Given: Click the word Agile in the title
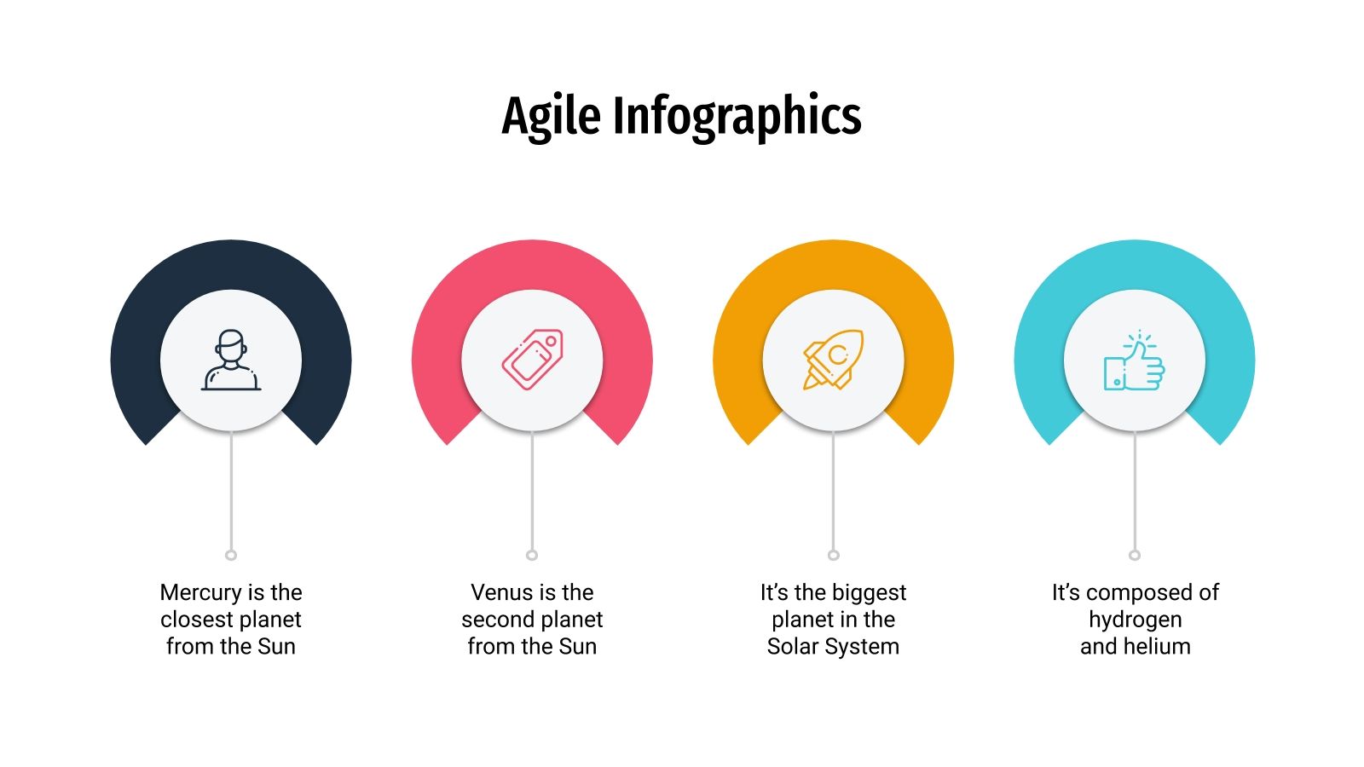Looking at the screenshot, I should click(x=552, y=117).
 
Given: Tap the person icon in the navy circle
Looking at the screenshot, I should click(x=231, y=360).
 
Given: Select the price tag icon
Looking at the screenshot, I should click(x=532, y=360).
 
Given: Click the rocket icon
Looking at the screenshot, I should click(x=833, y=360).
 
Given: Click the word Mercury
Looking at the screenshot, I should click(x=200, y=592).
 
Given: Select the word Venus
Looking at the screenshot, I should click(x=501, y=592).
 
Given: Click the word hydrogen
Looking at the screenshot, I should click(x=1135, y=620).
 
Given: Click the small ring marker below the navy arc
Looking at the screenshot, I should click(x=231, y=555).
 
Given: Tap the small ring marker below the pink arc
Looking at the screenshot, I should click(x=532, y=555).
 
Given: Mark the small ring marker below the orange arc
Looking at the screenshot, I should click(x=833, y=555).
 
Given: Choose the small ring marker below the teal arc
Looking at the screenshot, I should click(x=1135, y=555).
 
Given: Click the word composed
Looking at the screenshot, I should click(x=1142, y=592).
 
